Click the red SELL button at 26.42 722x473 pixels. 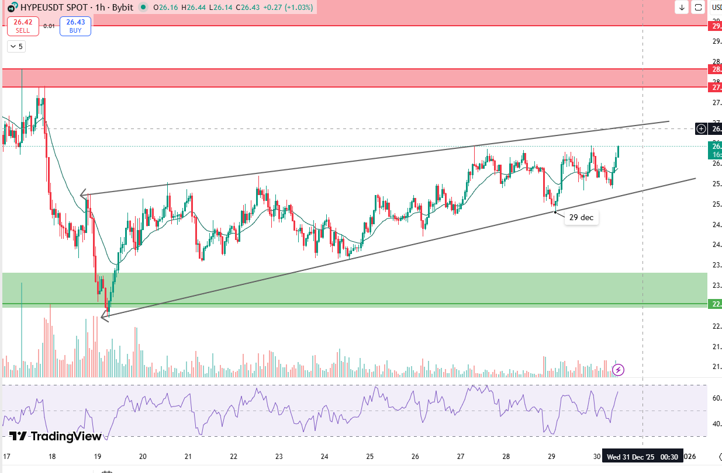pos(23,26)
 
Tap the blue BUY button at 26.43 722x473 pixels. pos(75,26)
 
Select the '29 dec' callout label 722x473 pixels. pos(581,217)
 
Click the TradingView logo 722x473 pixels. pos(56,436)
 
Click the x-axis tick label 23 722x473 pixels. pos(279,457)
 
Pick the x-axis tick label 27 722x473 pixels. pos(461,457)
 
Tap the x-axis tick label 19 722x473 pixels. pos(97,457)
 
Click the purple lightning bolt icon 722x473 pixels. pos(619,370)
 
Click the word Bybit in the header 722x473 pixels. pos(122,7)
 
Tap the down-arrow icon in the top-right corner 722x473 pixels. pos(682,7)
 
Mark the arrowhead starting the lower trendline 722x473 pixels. pos(103,317)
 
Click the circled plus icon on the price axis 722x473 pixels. pos(702,128)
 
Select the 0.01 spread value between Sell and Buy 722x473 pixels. pos(50,26)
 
